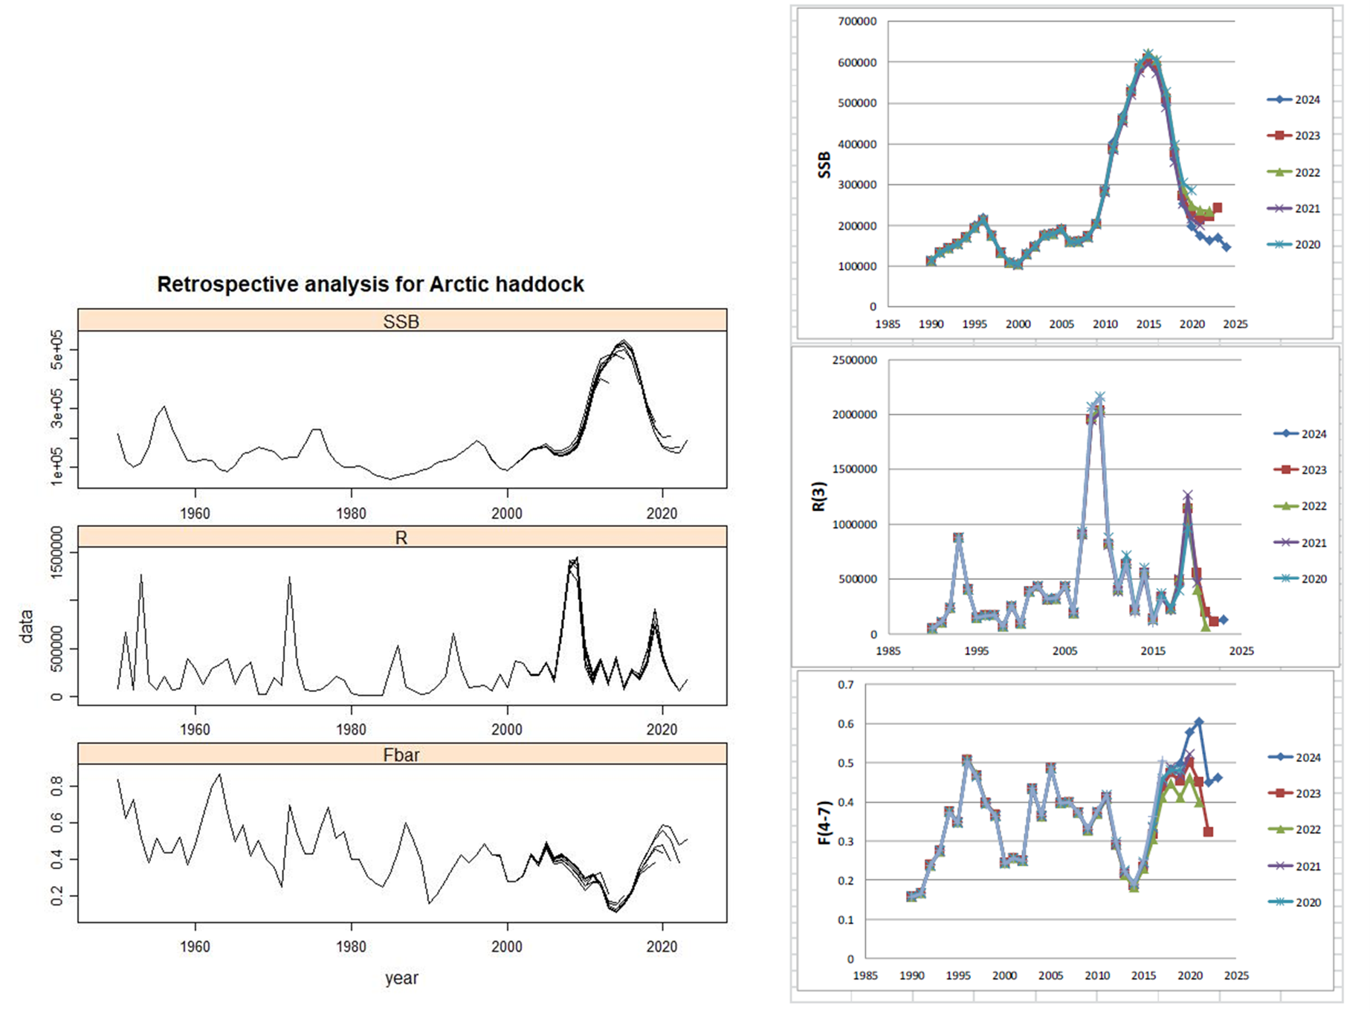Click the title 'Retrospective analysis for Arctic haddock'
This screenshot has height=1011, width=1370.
370,285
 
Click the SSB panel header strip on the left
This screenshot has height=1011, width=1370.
401,321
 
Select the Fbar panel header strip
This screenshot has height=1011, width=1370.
401,755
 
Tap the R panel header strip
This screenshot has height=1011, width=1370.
401,537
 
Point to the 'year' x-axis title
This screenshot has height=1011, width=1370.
401,978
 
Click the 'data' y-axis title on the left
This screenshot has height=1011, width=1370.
27,626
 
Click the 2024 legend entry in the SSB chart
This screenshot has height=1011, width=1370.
1294,100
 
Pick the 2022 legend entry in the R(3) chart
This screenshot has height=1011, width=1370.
1300,506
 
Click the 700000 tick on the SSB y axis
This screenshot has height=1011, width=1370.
857,22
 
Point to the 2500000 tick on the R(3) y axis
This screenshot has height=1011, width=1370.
854,361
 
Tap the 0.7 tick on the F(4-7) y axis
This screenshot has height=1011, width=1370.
846,685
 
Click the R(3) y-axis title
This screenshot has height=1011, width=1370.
819,497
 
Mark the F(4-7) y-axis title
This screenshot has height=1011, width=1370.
824,822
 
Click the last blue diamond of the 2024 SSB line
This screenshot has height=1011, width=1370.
1227,247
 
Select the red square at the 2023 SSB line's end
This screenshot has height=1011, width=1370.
1217,208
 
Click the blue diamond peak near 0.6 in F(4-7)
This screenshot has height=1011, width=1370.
1199,722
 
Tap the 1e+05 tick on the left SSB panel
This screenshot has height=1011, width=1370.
57,468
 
